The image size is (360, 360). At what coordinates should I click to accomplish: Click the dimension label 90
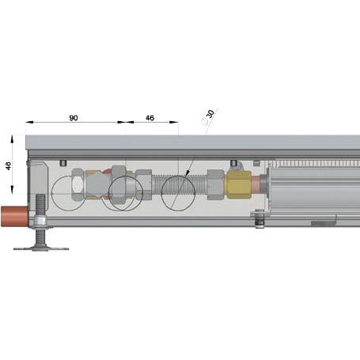click(74, 118)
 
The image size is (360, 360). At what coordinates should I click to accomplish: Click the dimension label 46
click(150, 118)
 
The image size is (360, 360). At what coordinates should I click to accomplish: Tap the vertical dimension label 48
click(9, 165)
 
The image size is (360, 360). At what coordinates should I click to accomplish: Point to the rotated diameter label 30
click(210, 114)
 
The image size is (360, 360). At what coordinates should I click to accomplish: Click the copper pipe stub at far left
click(15, 216)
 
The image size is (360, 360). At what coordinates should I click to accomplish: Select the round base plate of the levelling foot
click(41, 248)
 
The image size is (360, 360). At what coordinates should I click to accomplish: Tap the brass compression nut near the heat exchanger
click(239, 184)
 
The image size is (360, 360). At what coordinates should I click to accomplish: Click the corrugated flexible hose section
click(180, 184)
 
